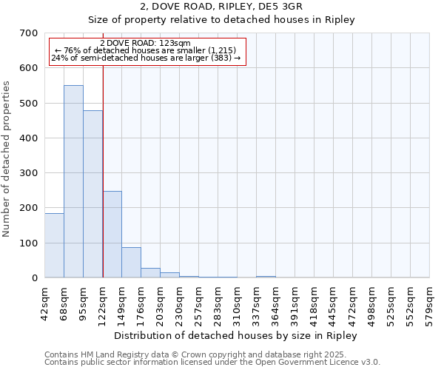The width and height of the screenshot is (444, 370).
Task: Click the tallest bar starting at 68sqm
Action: [73, 181]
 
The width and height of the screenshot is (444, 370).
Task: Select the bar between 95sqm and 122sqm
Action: [92, 194]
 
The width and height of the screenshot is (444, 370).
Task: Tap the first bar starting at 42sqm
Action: [54, 245]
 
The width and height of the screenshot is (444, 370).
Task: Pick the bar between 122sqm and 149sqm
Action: [112, 234]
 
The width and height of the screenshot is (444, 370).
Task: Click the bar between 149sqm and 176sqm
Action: [131, 262]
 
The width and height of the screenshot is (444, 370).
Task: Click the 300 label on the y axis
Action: [30, 173]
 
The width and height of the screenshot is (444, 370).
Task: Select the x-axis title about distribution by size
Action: [236, 335]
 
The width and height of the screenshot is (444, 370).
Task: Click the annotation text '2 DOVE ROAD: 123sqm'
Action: [144, 44]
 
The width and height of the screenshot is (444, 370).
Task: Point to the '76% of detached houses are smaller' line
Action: [146, 50]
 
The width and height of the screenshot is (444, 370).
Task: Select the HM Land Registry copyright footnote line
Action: [212, 354]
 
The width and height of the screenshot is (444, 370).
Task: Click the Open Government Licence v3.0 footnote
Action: [212, 362]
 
